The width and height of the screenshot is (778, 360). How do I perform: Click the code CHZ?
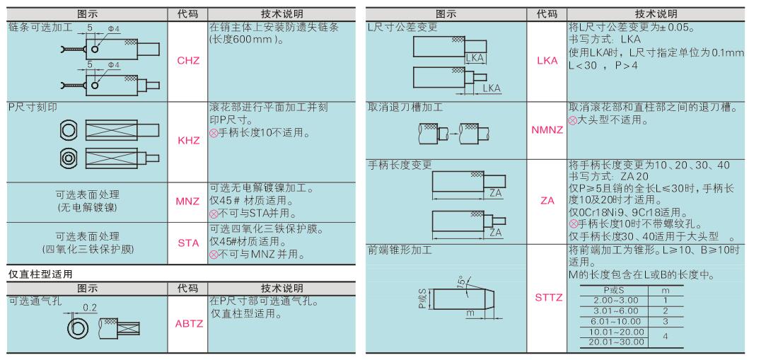point(188,61)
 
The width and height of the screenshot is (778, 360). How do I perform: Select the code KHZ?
point(188,140)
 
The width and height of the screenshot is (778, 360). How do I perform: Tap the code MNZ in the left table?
point(187,202)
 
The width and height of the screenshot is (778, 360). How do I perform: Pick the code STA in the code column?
point(188,243)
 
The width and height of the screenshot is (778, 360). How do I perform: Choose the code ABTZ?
point(189,324)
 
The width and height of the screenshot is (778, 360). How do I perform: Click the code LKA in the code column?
point(547,61)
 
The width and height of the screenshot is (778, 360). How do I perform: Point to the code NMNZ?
point(547,130)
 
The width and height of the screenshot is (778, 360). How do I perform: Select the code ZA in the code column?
point(547,201)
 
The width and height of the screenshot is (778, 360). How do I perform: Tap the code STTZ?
point(549,298)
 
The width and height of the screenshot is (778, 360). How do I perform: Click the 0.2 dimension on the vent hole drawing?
point(90,308)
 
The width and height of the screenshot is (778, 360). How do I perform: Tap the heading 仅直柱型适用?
point(40,273)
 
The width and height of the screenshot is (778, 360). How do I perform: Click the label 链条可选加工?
point(40,27)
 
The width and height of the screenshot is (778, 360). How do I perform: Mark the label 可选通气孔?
point(35,301)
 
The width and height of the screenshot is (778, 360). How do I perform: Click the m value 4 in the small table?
point(665,336)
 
